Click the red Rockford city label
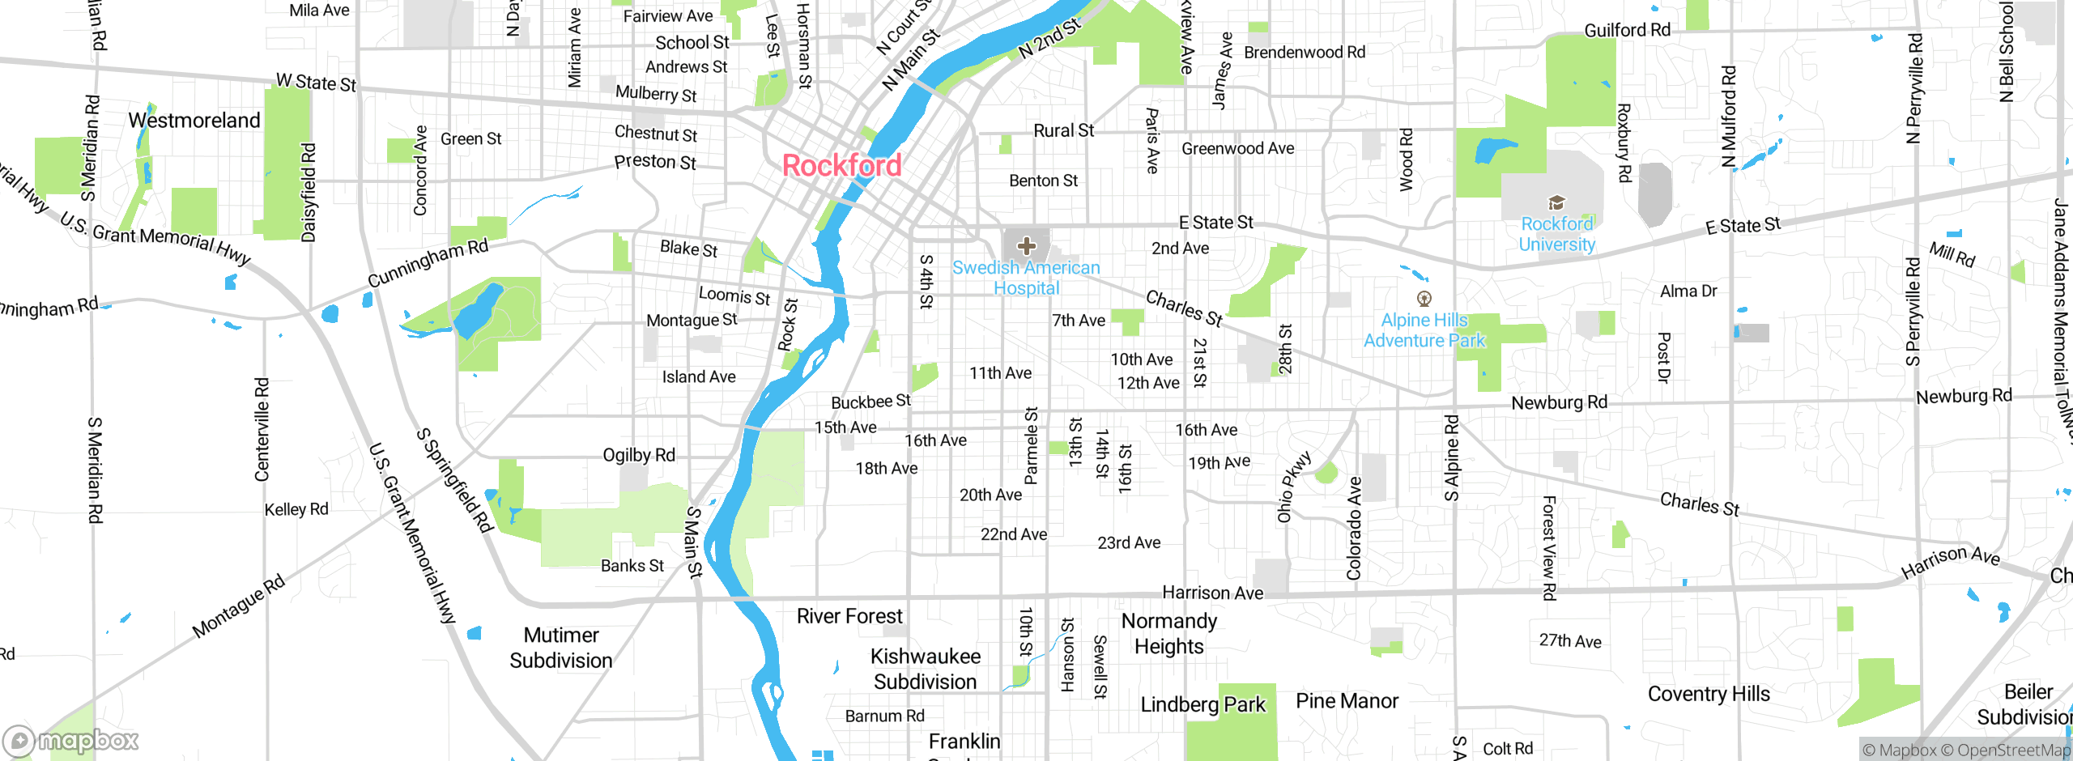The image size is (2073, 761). [841, 166]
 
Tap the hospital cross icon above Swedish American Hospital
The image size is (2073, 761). [1026, 245]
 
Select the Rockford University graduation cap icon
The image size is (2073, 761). [1556, 202]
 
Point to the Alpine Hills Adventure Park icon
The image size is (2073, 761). [1424, 299]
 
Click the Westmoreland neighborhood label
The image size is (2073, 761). [194, 121]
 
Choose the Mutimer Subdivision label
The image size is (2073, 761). [561, 648]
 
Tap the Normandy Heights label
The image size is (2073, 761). [1169, 634]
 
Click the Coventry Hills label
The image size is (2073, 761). [1709, 694]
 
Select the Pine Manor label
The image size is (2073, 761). [1347, 701]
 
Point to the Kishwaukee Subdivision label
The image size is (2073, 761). [926, 669]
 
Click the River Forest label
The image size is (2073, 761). [849, 616]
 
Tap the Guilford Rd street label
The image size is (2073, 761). [1627, 31]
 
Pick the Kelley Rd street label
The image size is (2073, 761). [296, 509]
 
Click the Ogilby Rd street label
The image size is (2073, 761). [639, 455]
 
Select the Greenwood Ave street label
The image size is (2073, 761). [1237, 148]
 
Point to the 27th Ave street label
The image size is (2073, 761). [1570, 640]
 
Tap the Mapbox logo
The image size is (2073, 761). [71, 741]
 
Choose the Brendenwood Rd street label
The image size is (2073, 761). [1304, 53]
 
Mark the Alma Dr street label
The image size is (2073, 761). [1688, 291]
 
